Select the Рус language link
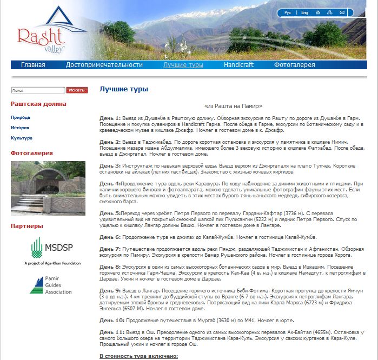click(x=288, y=12)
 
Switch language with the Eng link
click(x=304, y=12)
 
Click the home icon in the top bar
click(x=318, y=12)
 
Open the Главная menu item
click(x=33, y=65)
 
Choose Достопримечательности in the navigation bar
click(x=104, y=65)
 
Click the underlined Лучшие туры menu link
click(x=183, y=65)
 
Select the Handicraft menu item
click(x=238, y=65)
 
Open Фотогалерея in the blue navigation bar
click(x=294, y=65)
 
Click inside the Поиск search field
click(x=37, y=90)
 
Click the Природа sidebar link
click(x=21, y=117)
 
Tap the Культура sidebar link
click(x=22, y=138)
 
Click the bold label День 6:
click(x=110, y=237)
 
